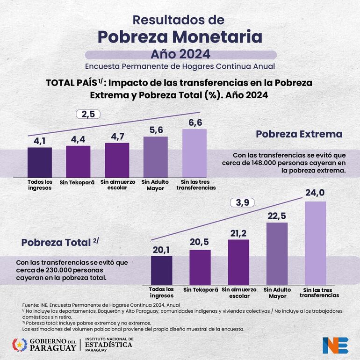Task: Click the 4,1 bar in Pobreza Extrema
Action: pos(39,162)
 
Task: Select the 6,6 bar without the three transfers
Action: pos(194,152)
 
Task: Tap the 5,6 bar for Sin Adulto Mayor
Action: pos(155,156)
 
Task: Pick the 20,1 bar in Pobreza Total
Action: pos(162,269)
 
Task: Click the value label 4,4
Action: pos(78,139)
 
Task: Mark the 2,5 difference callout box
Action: pos(88,114)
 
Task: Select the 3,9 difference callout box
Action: pos(242,203)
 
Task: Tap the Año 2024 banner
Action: pos(180,54)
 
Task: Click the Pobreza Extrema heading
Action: pos(299,134)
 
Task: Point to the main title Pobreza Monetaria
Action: pos(180,36)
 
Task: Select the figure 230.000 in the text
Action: pos(56,270)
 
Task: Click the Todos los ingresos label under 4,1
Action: pos(39,185)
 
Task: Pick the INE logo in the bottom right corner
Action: pos(335,345)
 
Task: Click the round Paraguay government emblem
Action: pos(19,345)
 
